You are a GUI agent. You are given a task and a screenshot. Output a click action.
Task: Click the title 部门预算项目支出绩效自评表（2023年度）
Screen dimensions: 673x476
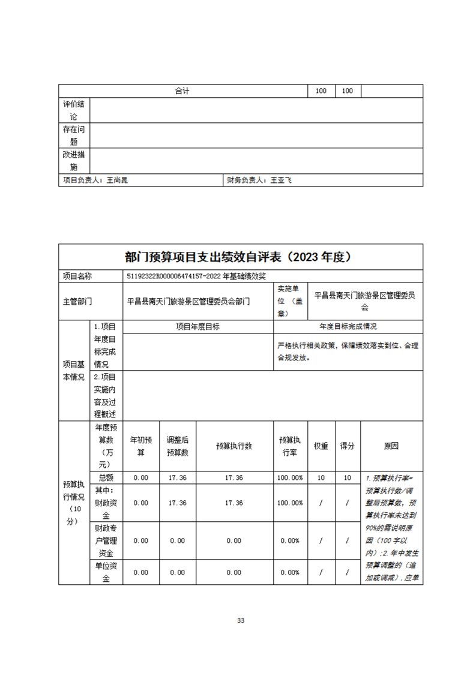[238, 257]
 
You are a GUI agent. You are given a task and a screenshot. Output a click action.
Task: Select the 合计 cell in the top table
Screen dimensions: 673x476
[182, 91]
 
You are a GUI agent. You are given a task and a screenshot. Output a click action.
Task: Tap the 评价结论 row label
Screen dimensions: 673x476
[74, 110]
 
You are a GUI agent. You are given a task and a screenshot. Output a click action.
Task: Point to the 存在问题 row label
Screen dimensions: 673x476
[74, 136]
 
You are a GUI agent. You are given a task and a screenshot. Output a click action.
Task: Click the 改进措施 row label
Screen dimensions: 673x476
[74, 161]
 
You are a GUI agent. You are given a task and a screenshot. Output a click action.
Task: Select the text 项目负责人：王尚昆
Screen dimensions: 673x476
[95, 180]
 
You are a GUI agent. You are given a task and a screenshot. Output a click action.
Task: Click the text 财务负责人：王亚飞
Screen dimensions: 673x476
[259, 180]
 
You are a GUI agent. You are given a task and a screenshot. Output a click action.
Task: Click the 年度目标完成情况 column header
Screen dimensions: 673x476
[348, 327]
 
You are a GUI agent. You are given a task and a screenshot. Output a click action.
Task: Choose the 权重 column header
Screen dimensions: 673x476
[321, 446]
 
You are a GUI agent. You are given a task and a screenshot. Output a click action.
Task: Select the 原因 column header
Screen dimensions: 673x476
[391, 446]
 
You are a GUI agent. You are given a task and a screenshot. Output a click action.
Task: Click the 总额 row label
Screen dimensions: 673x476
[106, 477]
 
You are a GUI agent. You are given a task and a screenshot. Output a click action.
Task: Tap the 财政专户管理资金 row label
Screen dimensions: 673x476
[106, 541]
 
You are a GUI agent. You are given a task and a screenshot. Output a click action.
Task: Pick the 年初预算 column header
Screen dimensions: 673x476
[141, 446]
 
